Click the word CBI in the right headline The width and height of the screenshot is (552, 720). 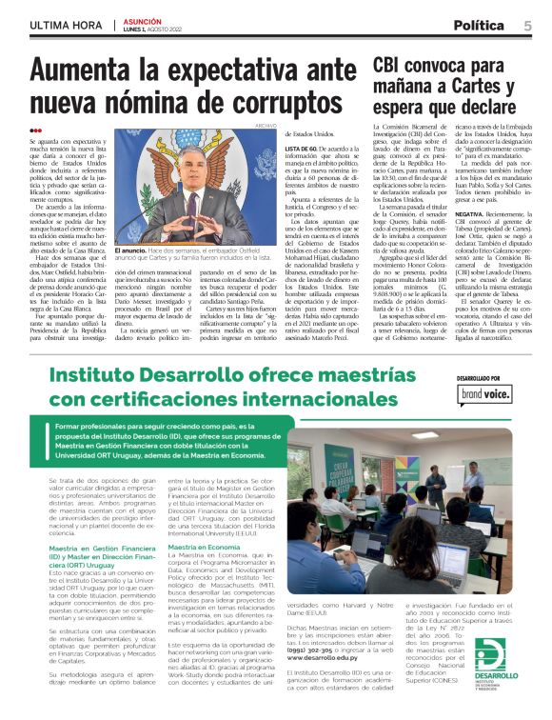pyautogui.click(x=389, y=65)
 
